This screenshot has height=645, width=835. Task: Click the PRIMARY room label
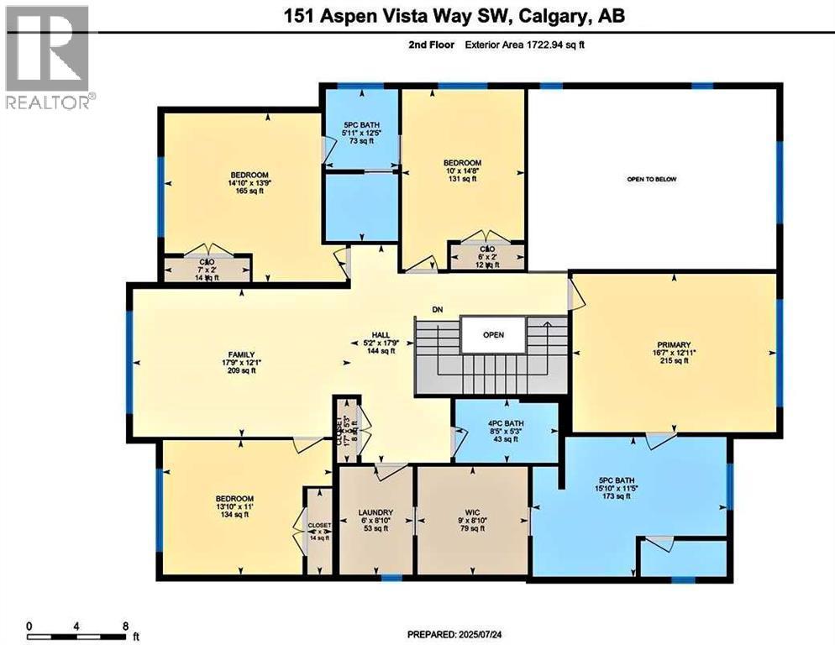click(x=674, y=345)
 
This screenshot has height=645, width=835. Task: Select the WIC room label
click(x=472, y=511)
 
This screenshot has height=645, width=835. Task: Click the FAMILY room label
click(x=240, y=355)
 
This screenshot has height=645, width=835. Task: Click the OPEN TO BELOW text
click(x=651, y=179)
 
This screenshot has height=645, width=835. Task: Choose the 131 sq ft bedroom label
click(x=461, y=163)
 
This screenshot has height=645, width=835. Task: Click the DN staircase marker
click(x=437, y=310)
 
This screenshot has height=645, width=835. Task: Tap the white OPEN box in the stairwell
click(x=493, y=334)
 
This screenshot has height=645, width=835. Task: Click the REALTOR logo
click(x=47, y=55)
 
